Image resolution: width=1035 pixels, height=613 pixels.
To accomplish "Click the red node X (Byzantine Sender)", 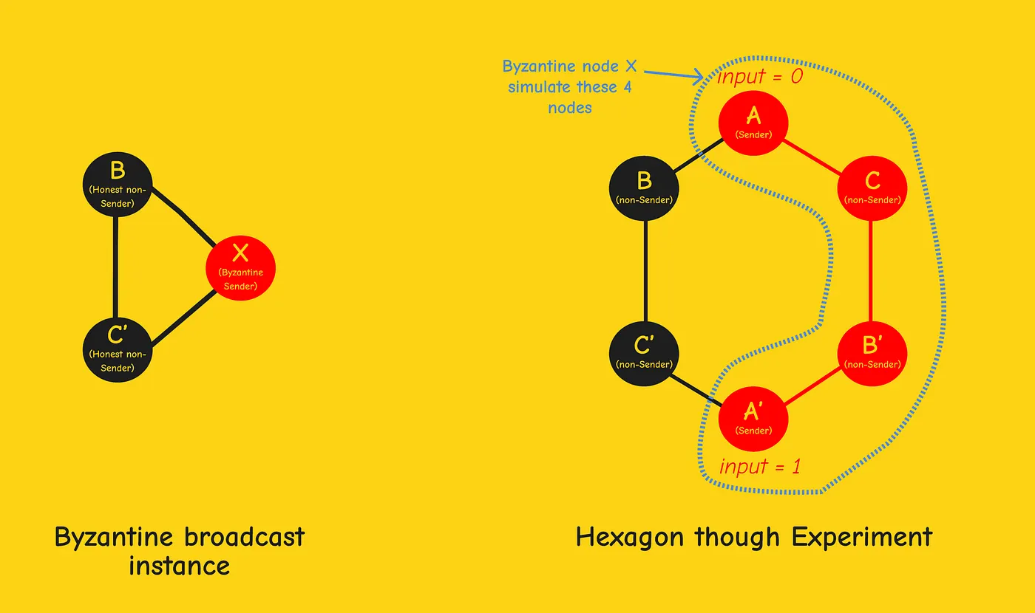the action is (x=240, y=268).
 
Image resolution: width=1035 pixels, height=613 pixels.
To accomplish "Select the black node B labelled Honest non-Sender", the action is (x=118, y=185).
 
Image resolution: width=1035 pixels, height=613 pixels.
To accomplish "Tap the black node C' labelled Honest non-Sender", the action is (x=118, y=349).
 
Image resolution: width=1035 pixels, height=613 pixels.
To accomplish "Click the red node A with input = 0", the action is (x=753, y=123).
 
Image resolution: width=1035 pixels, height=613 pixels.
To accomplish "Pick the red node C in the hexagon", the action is (x=872, y=188).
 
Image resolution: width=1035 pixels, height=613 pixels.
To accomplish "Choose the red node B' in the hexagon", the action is (x=872, y=353).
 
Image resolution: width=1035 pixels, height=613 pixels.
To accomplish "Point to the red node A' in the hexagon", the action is (x=753, y=419).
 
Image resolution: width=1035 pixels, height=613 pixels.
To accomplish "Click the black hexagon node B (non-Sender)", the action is (x=644, y=188).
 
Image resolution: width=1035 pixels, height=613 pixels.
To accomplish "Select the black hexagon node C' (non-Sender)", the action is (x=644, y=353).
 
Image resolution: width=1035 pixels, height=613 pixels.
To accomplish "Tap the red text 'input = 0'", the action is (x=760, y=77).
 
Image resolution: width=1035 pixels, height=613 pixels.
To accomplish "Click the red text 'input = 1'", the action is (x=760, y=467).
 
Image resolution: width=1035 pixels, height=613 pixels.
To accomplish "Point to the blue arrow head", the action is (x=698, y=77).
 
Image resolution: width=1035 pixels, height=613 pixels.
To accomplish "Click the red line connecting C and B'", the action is (x=871, y=271).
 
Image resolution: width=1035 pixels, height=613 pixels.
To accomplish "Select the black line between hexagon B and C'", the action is (x=645, y=271).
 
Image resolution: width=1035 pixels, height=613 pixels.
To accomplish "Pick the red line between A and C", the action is (x=812, y=157).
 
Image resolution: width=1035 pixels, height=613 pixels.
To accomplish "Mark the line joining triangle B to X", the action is (x=183, y=216).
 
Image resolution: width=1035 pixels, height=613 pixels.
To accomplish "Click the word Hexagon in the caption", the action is (x=631, y=538).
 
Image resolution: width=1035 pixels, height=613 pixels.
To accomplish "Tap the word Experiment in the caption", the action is (x=862, y=538).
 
